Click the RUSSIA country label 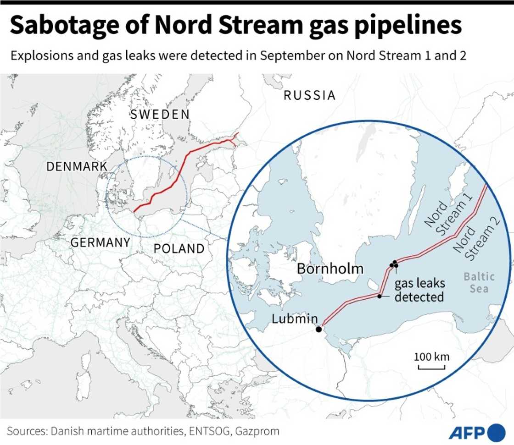pyautogui.click(x=309, y=95)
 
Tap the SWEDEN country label pyautogui.click(x=160, y=115)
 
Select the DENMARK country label pyautogui.click(x=77, y=166)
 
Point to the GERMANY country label pyautogui.click(x=101, y=242)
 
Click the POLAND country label pyautogui.click(x=179, y=249)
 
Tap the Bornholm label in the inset pyautogui.click(x=330, y=269)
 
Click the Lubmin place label pyautogui.click(x=295, y=319)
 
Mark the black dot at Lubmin pyautogui.click(x=318, y=329)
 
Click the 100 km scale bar pyautogui.click(x=432, y=367)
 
